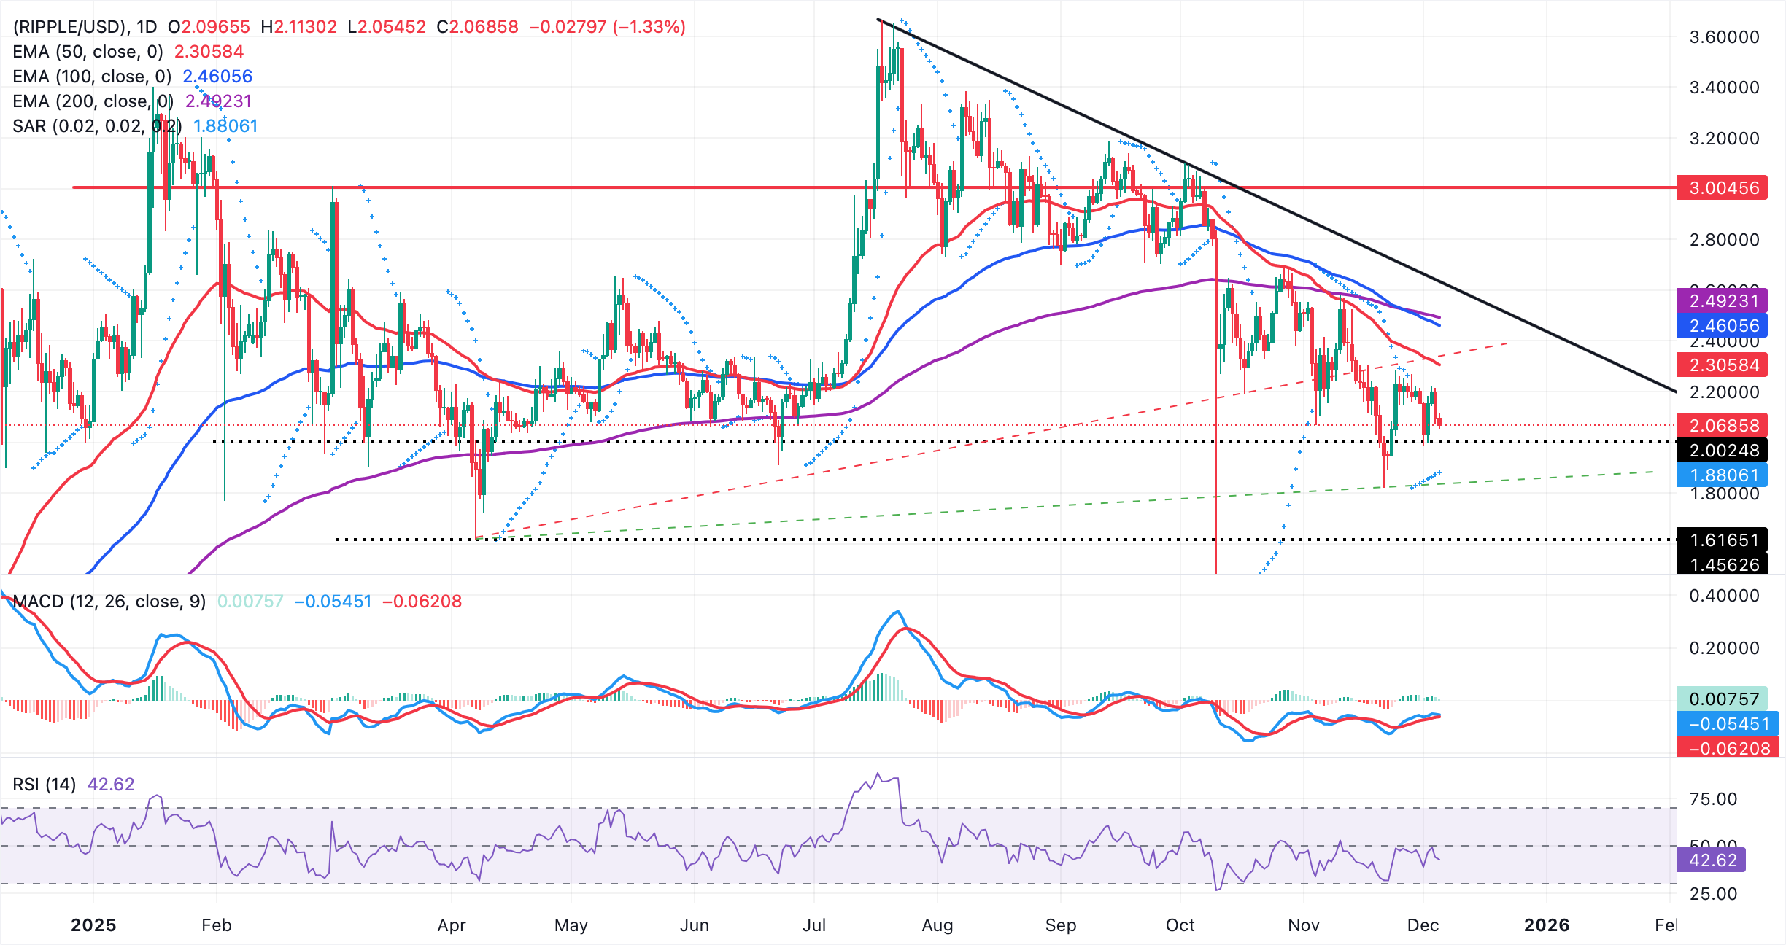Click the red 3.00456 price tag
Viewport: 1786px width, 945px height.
pyautogui.click(x=1723, y=188)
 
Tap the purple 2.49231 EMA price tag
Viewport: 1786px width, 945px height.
pyautogui.click(x=1723, y=301)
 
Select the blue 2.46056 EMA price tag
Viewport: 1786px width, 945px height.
pyautogui.click(x=1723, y=326)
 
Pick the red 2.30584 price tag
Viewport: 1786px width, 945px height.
pyautogui.click(x=1723, y=365)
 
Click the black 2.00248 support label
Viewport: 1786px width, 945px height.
pyautogui.click(x=1723, y=451)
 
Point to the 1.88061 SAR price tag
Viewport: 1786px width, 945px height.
pyautogui.click(x=1723, y=475)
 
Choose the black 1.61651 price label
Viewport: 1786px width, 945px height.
pyautogui.click(x=1723, y=540)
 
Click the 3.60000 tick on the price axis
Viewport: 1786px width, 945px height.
pyautogui.click(x=1723, y=37)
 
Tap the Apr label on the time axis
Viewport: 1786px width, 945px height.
pyautogui.click(x=451, y=925)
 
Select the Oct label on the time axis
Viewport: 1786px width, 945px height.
pyautogui.click(x=1180, y=925)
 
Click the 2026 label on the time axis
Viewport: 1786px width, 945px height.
pyautogui.click(x=1546, y=925)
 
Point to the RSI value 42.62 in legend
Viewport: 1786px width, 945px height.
pyautogui.click(x=111, y=785)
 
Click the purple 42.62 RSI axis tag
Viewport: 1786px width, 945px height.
pyautogui.click(x=1712, y=860)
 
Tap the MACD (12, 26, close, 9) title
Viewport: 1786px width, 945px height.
pyautogui.click(x=109, y=602)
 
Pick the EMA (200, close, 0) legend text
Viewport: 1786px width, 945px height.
pyautogui.click(x=93, y=101)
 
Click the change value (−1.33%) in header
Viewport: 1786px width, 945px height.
pyautogui.click(x=649, y=27)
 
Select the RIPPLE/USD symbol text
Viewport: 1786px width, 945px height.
pyautogui.click(x=69, y=27)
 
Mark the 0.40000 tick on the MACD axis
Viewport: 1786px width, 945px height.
pyautogui.click(x=1723, y=596)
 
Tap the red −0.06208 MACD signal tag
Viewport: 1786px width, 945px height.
pyautogui.click(x=1728, y=748)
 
